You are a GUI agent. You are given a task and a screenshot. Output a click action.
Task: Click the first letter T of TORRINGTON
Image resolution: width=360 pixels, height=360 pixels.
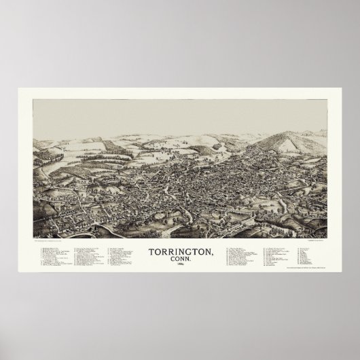[150, 252]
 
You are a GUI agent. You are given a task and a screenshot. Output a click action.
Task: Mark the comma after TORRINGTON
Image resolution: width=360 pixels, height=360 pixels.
[211, 254]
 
